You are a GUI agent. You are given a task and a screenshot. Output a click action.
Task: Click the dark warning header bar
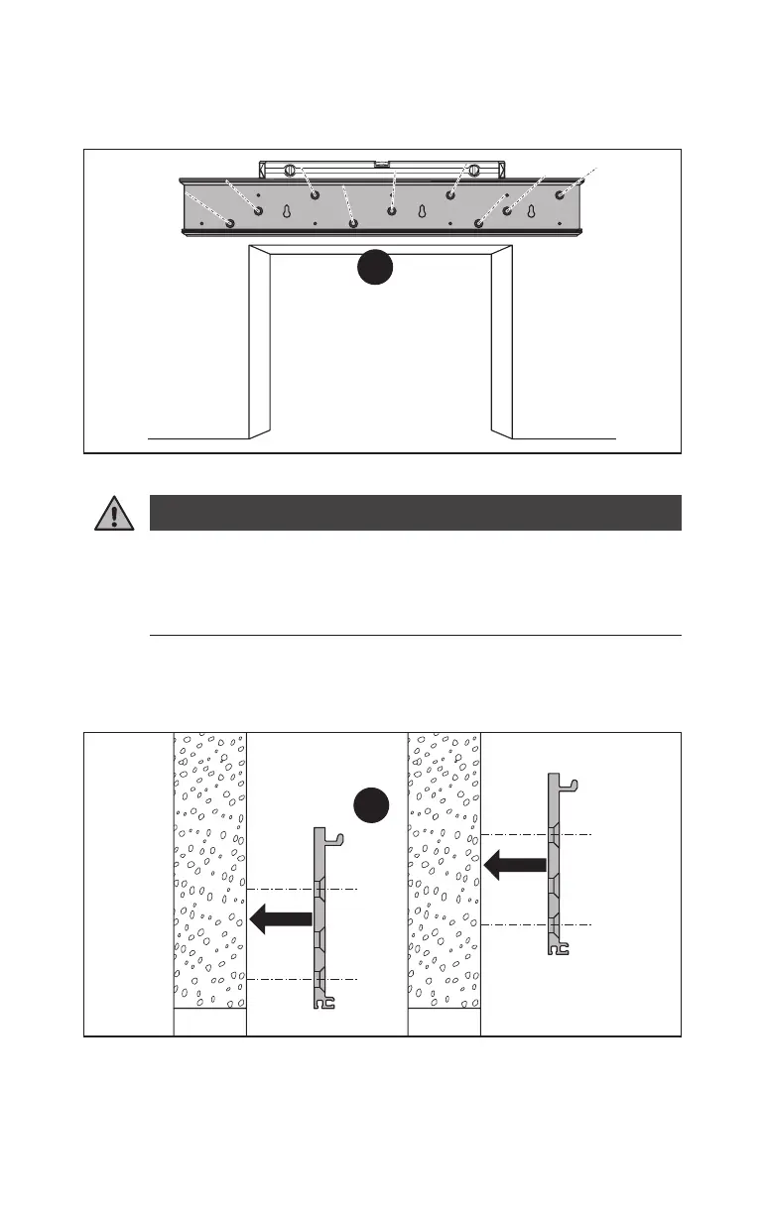(x=415, y=513)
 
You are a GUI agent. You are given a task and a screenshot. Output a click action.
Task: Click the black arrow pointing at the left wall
(x=282, y=919)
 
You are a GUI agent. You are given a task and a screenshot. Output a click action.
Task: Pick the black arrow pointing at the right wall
(x=516, y=866)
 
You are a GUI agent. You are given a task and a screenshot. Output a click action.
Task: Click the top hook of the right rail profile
(x=569, y=785)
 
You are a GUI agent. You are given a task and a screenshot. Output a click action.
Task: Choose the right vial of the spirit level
(x=474, y=170)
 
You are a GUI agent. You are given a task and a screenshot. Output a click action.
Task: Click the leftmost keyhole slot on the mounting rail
(x=286, y=211)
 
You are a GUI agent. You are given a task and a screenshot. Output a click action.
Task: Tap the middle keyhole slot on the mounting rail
(x=422, y=211)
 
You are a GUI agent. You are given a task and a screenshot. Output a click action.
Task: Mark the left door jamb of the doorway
(x=258, y=342)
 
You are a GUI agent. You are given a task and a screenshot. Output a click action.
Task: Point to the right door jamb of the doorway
(x=503, y=342)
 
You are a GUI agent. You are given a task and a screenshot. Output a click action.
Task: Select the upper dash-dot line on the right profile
(x=536, y=834)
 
